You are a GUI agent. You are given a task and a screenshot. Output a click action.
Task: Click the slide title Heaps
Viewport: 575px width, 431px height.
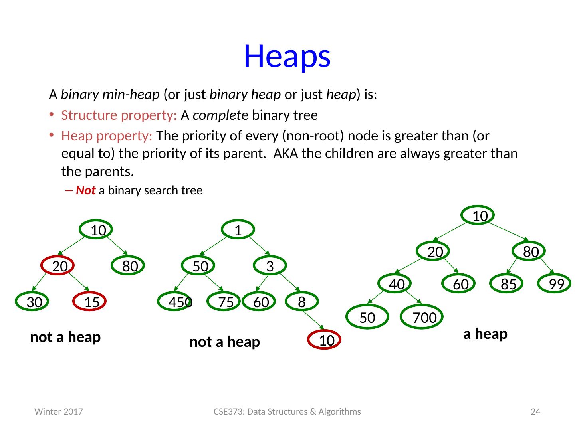point(287,56)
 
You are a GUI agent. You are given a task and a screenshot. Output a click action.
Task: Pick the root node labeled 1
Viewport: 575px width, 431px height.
point(238,230)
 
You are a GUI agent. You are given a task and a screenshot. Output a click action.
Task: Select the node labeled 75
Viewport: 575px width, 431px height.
point(224,302)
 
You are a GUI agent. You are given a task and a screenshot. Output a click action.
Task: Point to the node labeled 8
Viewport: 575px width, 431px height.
point(302,302)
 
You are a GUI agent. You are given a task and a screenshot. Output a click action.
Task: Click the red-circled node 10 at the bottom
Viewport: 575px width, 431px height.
point(325,340)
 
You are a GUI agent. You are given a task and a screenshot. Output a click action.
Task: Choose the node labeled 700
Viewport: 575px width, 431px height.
point(422,317)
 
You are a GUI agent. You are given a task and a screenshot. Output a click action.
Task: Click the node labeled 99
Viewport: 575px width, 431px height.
point(555,284)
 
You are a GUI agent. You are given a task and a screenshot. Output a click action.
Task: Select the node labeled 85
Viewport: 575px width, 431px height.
point(507,284)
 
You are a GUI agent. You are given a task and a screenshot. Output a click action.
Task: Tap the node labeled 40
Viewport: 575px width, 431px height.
point(395,284)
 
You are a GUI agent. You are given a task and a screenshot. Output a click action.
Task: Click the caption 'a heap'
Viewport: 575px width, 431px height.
point(485,334)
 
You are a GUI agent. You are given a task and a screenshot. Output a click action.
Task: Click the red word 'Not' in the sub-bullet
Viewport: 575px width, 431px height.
point(85,190)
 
